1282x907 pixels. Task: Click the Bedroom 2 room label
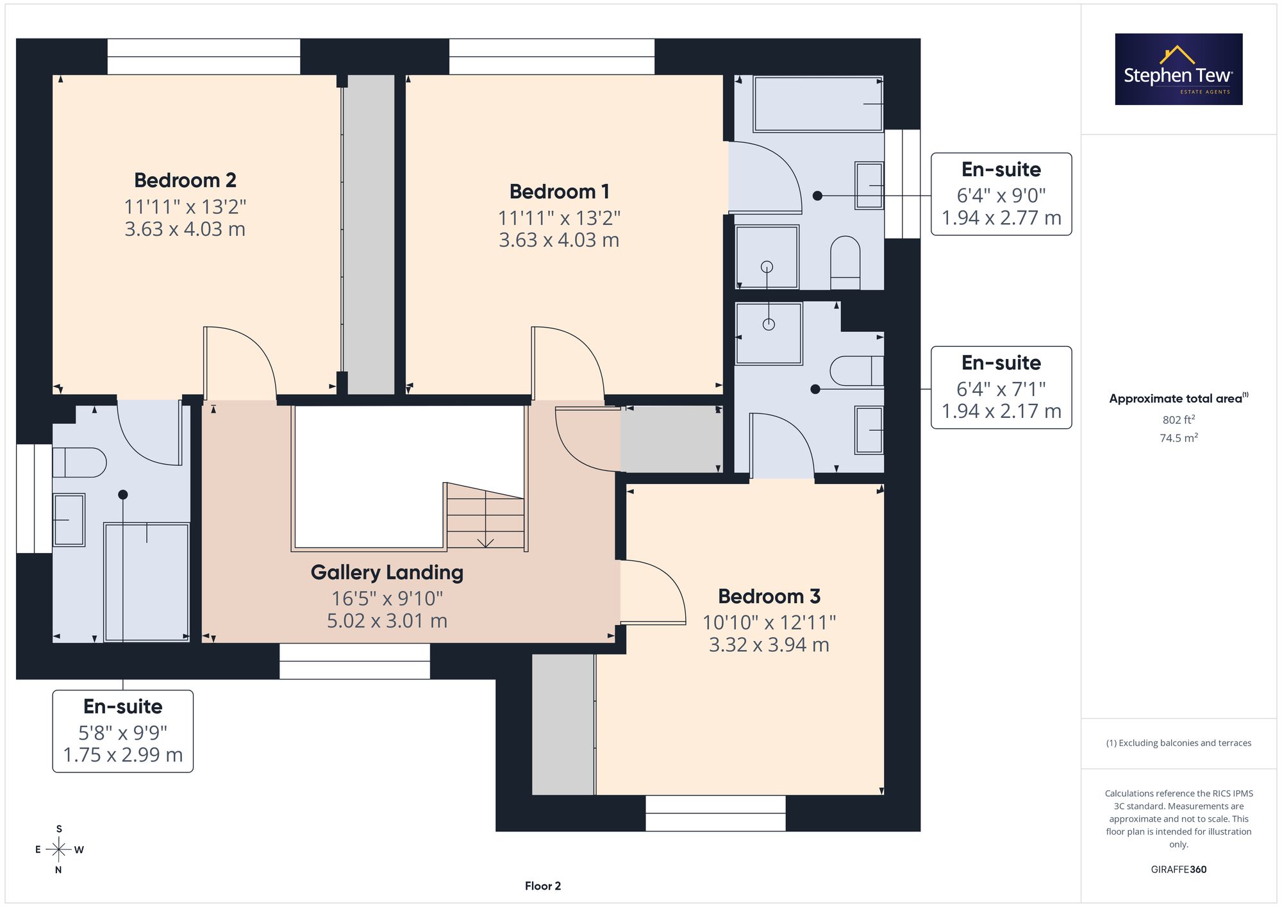[185, 180]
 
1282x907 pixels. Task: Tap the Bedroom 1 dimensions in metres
[559, 240]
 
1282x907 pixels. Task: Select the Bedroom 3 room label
[769, 597]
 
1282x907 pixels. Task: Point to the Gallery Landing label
[387, 572]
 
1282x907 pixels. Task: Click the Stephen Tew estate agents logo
[1179, 69]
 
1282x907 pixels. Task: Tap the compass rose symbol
[59, 850]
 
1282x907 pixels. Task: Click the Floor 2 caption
[543, 886]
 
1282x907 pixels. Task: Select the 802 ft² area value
[1179, 420]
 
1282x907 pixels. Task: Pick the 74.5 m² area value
[1179, 438]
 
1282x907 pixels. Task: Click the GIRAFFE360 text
[1179, 870]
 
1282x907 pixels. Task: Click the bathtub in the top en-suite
[819, 104]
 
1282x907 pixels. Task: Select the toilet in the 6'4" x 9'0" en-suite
[845, 263]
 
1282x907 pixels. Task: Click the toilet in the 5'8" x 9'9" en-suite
[79, 462]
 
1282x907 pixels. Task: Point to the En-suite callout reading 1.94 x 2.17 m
[1001, 388]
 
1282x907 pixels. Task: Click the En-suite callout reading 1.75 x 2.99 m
[123, 731]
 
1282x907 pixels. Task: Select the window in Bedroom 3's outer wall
[715, 813]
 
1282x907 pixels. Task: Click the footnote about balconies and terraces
[1179, 744]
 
